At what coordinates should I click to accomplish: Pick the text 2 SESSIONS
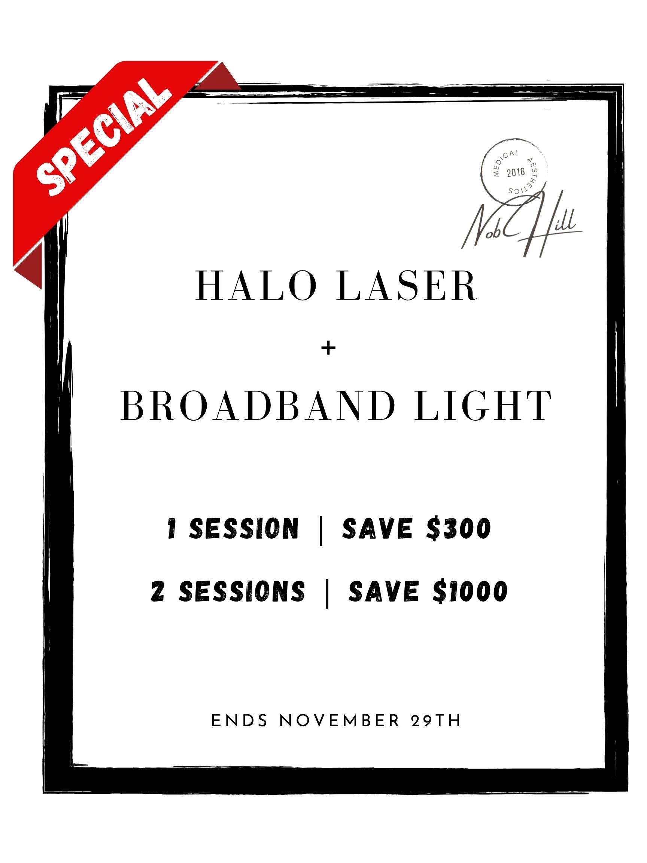[x=228, y=592]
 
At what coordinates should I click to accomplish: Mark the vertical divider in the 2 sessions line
[x=327, y=593]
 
